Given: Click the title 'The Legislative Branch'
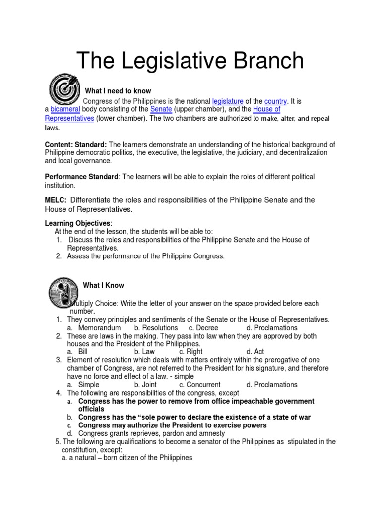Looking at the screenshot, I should (190, 61).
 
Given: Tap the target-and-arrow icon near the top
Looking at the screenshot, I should (63, 89).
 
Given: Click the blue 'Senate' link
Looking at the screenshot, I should (161, 109).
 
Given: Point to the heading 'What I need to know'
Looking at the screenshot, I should (118, 91).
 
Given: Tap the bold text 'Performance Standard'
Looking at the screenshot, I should (82, 177).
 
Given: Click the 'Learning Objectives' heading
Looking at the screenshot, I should (78, 223).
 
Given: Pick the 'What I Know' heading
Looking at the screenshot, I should (103, 285).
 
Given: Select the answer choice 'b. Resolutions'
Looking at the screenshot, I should (156, 328).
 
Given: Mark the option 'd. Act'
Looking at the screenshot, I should (255, 352).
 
